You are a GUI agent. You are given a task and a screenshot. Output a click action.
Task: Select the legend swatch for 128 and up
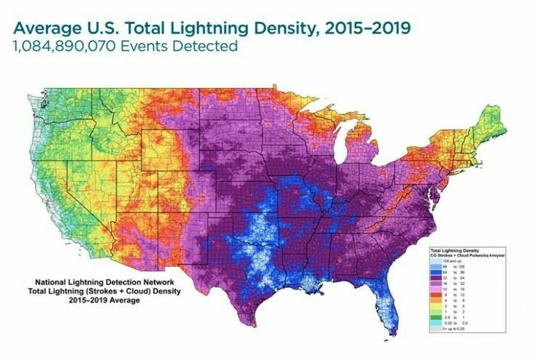[437, 261]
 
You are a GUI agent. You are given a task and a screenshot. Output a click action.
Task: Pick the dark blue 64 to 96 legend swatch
[437, 273]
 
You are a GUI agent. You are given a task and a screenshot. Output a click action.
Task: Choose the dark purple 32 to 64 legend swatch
[437, 279]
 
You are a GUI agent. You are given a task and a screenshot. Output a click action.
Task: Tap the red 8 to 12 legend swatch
[437, 295]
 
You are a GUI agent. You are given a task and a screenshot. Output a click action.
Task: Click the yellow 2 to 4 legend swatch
[437, 307]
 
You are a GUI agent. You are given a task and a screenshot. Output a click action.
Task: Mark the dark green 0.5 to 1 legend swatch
[437, 318]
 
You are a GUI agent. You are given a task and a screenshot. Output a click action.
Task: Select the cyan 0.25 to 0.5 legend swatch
[437, 324]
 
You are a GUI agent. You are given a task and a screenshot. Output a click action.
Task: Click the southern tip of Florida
[394, 333]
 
